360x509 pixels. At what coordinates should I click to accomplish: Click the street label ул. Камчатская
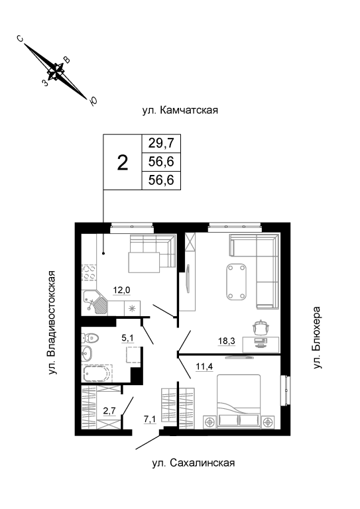(180, 111)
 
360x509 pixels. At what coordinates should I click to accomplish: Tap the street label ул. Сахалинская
(194, 463)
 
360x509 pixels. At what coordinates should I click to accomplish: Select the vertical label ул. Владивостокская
(52, 323)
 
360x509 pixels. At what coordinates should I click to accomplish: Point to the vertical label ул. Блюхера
(317, 337)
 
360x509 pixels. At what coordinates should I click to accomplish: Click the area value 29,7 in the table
(161, 143)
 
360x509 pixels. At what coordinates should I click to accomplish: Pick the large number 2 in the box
(123, 162)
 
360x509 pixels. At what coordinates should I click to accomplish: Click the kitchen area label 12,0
(121, 290)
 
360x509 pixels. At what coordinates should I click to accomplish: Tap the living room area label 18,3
(227, 341)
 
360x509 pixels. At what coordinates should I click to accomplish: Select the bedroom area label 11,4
(204, 367)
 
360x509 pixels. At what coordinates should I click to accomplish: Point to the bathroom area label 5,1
(127, 338)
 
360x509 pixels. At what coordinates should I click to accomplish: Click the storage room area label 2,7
(109, 411)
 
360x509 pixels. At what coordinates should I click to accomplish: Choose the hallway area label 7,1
(150, 420)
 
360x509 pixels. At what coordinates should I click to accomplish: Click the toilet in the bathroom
(90, 338)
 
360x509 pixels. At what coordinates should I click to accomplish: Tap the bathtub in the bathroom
(97, 374)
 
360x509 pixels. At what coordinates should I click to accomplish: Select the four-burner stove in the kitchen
(89, 272)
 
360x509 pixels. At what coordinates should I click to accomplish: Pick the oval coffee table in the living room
(236, 282)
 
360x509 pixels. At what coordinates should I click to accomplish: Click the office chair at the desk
(261, 327)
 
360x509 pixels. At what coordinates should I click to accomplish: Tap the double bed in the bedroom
(239, 402)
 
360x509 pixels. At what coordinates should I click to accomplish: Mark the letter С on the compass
(21, 39)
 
